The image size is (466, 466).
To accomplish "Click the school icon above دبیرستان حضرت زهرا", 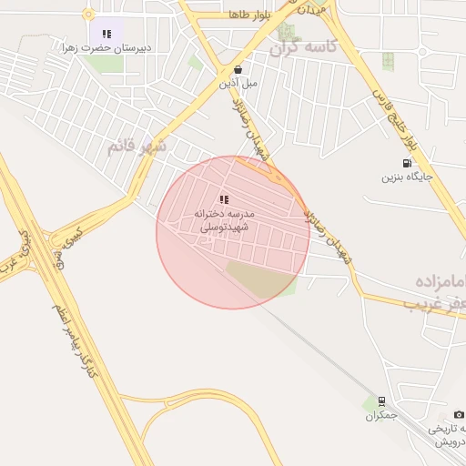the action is [x=107, y=34].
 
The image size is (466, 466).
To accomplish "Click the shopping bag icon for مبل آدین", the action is [x=238, y=69].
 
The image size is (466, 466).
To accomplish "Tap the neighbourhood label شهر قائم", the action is [x=137, y=146].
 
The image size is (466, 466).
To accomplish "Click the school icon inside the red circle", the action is [x=224, y=198].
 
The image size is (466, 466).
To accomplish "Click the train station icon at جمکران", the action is [x=381, y=400].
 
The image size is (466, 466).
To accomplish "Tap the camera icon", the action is [x=459, y=414].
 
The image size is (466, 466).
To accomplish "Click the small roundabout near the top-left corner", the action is [x=88, y=14].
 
